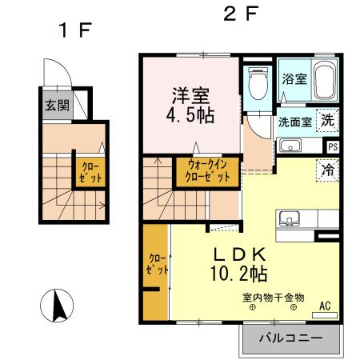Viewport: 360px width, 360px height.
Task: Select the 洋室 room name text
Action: click(190, 94)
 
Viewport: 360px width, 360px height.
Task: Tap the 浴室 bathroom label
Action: click(294, 78)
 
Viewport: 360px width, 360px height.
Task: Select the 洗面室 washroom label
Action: click(295, 122)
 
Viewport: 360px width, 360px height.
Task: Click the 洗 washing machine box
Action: click(328, 121)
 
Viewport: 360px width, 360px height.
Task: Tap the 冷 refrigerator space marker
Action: click(327, 170)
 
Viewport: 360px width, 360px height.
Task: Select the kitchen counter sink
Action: click(288, 219)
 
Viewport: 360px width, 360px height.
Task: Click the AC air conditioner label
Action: click(325, 305)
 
